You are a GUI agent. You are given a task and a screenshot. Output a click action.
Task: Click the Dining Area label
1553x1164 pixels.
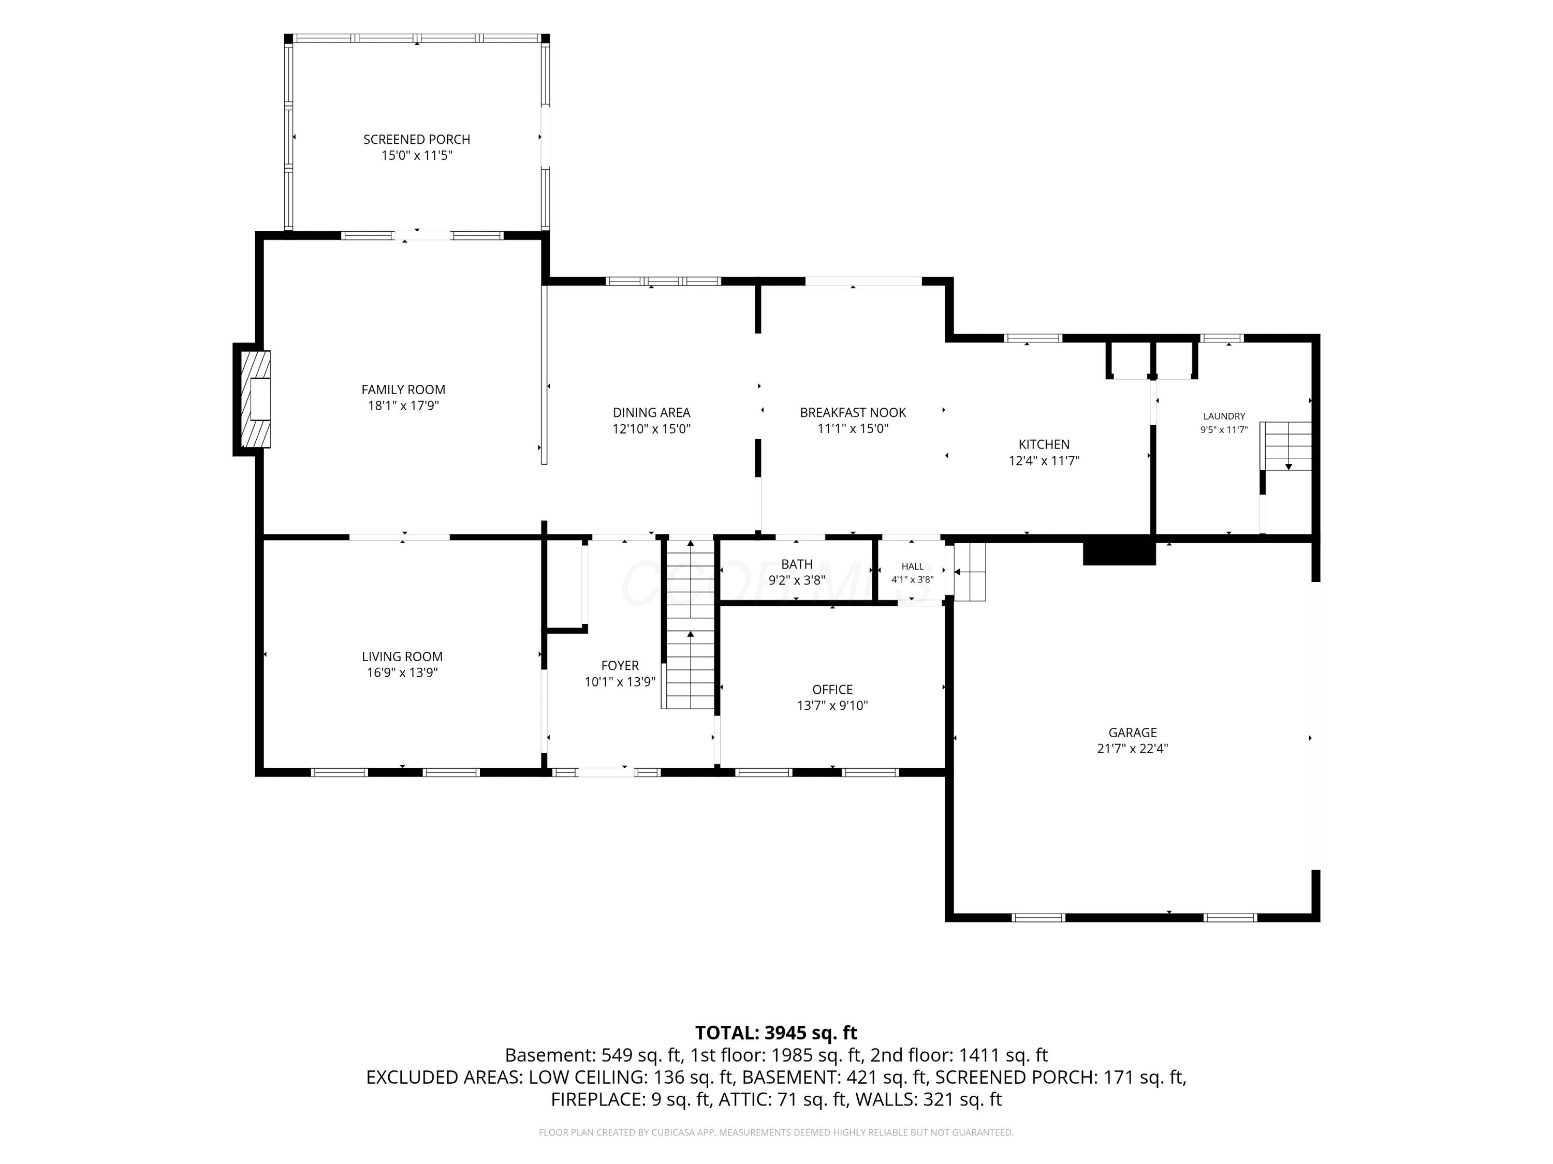pos(652,412)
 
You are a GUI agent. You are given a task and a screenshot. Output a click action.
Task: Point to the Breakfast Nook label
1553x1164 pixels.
pos(853,412)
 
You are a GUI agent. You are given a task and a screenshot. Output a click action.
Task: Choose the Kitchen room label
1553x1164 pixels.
pos(1044,444)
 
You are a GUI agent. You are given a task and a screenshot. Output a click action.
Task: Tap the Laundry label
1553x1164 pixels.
pos(1224,416)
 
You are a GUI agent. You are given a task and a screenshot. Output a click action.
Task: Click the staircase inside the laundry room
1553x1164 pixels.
pos(1285,445)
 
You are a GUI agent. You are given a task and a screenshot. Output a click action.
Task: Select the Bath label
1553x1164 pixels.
pos(797,564)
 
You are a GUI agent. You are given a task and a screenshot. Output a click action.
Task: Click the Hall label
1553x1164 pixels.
pos(913,566)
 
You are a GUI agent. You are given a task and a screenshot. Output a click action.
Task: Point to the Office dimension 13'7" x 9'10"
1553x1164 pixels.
pos(832,706)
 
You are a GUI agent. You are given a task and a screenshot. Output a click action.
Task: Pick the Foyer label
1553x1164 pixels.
pos(620,665)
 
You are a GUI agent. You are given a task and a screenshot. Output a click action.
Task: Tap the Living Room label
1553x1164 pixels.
pos(402,656)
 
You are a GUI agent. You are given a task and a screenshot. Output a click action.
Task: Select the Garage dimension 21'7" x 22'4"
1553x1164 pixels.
pos(1133,749)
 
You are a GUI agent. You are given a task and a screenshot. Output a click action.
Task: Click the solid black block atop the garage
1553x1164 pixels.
pos(1119,551)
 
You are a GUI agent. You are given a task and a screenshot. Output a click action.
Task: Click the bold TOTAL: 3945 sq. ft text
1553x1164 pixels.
pos(776,1033)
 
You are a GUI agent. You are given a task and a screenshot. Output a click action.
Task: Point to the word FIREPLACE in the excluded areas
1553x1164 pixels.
pos(597,1099)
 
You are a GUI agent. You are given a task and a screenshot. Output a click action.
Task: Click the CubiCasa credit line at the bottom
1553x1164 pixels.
pos(776,1132)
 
